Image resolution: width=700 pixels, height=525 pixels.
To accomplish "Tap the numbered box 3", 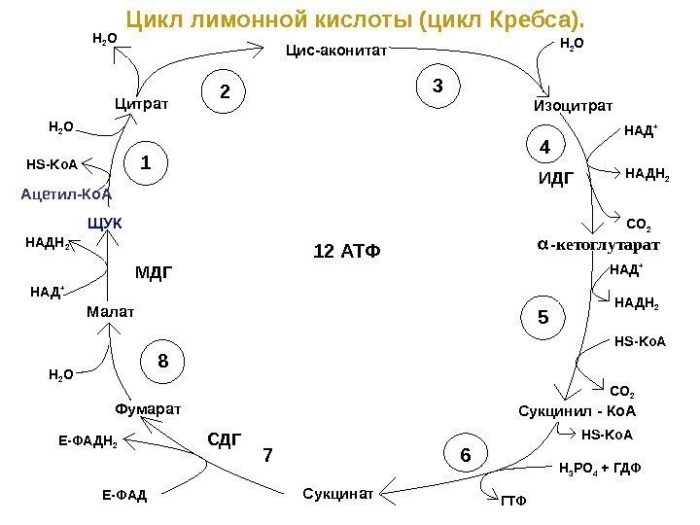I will pyautogui.click(x=437, y=87).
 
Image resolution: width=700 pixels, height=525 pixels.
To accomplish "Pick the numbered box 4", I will pyautogui.click(x=544, y=147).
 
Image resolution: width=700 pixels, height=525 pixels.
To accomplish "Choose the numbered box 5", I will pyautogui.click(x=543, y=317).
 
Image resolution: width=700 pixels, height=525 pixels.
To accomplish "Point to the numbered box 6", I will pyautogui.click(x=466, y=454).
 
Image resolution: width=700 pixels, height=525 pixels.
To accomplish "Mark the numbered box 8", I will pyautogui.click(x=163, y=362).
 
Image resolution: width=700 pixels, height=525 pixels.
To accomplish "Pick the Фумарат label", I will pyautogui.click(x=148, y=408).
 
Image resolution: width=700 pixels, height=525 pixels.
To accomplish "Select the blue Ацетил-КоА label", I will pyautogui.click(x=67, y=193).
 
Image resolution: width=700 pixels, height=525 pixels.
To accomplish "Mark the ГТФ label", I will pyautogui.click(x=512, y=502).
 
